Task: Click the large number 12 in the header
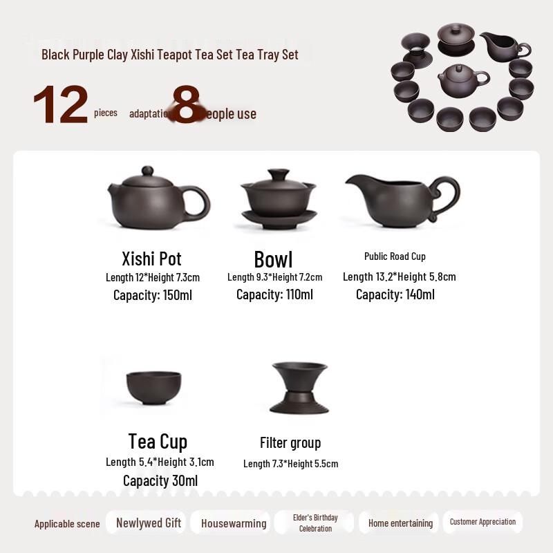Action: pyautogui.click(x=61, y=106)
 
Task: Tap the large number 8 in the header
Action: pyautogui.click(x=185, y=106)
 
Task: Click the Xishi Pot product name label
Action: pyautogui.click(x=151, y=259)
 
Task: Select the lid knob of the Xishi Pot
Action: pyautogui.click(x=147, y=171)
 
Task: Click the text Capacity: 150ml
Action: pyautogui.click(x=153, y=295)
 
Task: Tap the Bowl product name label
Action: pyautogui.click(x=273, y=259)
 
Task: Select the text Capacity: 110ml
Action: pyautogui.click(x=274, y=294)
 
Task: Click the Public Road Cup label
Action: pyautogui.click(x=395, y=256)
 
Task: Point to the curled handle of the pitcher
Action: pyautogui.click(x=445, y=197)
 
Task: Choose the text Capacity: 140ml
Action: pyautogui.click(x=395, y=294)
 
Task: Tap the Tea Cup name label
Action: pyautogui.click(x=158, y=441)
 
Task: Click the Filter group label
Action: pyautogui.click(x=290, y=442)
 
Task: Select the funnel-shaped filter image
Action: pyautogui.click(x=299, y=387)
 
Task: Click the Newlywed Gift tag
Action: pyautogui.click(x=149, y=523)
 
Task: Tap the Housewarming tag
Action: pyautogui.click(x=234, y=523)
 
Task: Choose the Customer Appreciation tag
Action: pyautogui.click(x=482, y=522)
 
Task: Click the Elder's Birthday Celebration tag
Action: pyautogui.click(x=316, y=523)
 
